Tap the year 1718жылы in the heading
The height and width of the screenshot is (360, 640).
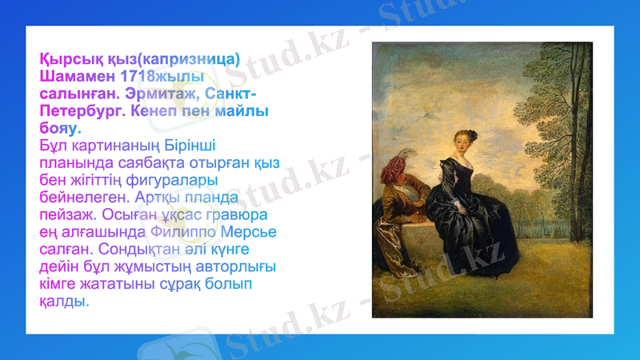coord(159,78)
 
